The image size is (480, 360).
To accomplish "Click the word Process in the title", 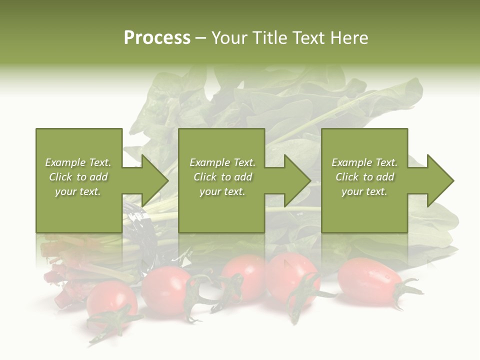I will click(157, 38).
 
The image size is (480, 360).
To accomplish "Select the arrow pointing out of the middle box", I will click(295, 180).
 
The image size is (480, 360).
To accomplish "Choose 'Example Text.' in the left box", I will click(78, 162).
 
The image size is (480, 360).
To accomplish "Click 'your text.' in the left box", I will click(78, 191).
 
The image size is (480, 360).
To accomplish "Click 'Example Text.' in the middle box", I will click(222, 162).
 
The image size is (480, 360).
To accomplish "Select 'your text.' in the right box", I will click(364, 191).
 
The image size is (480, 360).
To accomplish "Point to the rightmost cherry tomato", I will click(367, 281).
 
